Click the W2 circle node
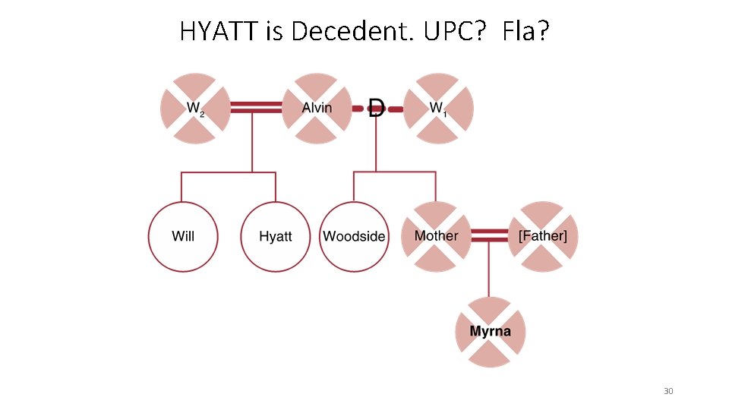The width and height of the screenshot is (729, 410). coord(195,109)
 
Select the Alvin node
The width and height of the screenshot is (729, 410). coord(317,109)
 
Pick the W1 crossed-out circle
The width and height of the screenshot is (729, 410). coord(438,109)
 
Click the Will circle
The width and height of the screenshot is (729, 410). coord(183,236)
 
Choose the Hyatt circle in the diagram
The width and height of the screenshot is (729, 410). coord(275,236)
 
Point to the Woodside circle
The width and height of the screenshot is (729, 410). coord(354,236)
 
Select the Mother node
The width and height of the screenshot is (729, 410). coord(436,236)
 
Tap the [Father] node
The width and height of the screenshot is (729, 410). coord(542,236)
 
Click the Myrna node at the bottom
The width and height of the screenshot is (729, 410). coord(490,332)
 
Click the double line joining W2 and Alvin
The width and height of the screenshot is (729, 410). coord(256,109)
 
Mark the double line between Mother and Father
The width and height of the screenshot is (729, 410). coord(489,236)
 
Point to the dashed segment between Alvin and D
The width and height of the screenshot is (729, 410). coord(359,109)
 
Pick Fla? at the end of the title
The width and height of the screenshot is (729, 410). coord(524,31)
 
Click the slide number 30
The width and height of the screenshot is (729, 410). coord(668,391)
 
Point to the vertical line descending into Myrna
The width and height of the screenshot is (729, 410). coord(489,273)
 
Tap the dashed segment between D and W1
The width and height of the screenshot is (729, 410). coord(395,109)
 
